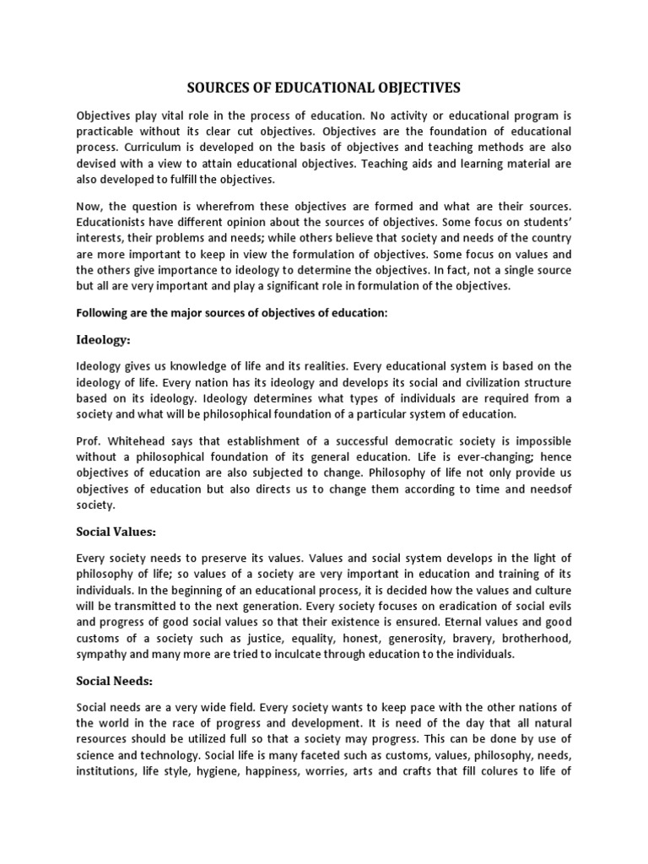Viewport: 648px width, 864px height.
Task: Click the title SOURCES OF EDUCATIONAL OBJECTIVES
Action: click(324, 87)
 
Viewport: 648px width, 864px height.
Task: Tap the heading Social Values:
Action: click(117, 532)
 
